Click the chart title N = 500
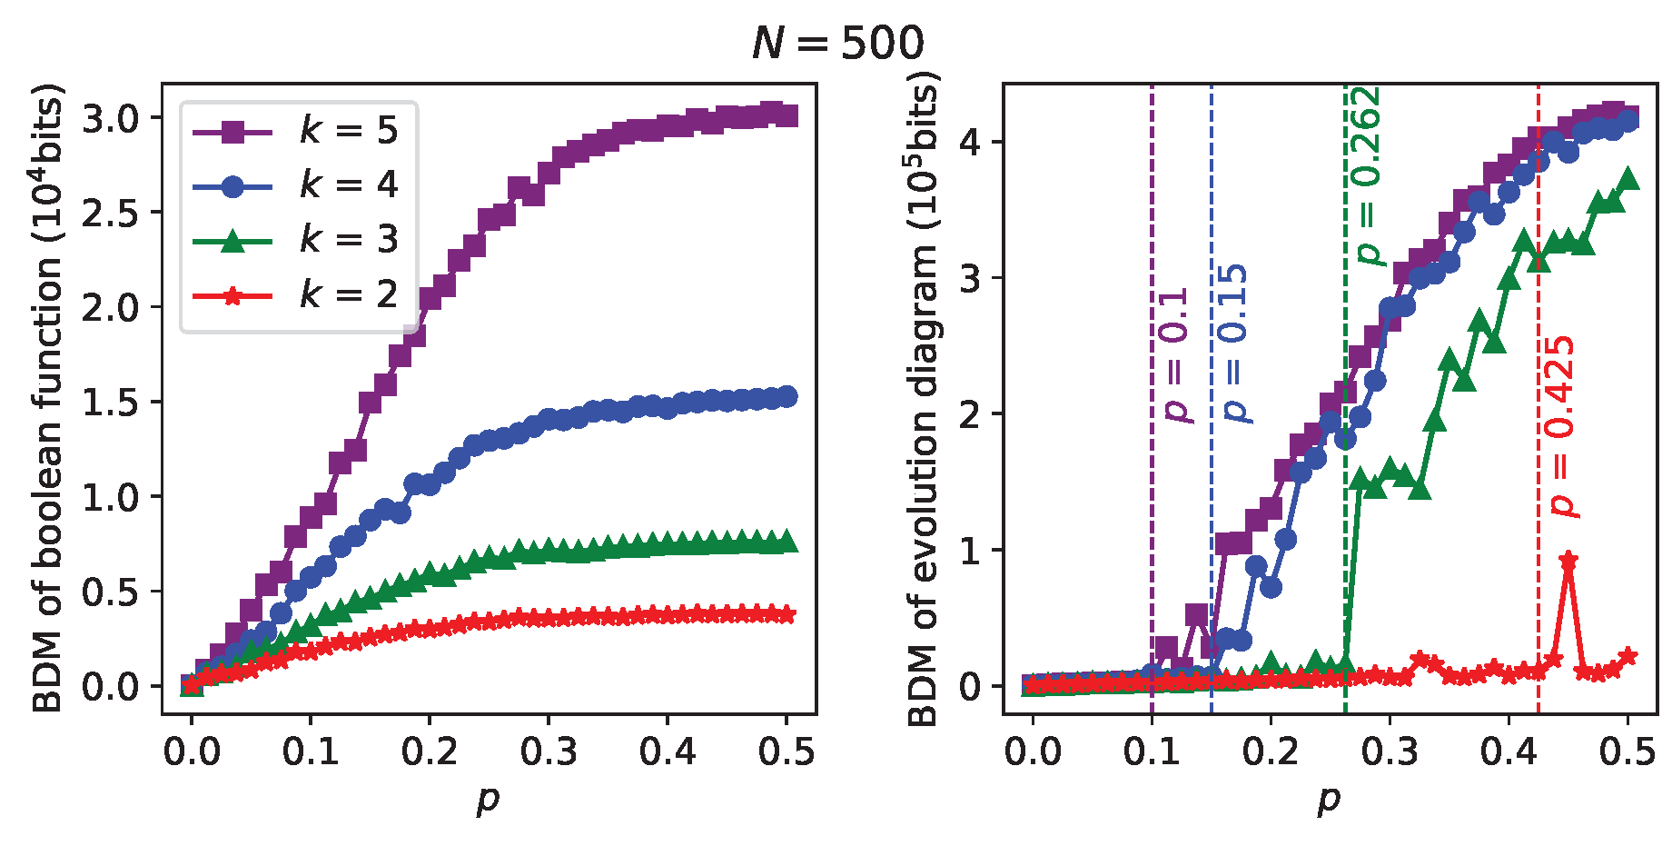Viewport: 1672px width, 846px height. click(x=837, y=43)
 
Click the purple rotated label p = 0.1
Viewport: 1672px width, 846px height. click(x=1176, y=355)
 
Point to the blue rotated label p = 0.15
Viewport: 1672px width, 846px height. click(x=1235, y=343)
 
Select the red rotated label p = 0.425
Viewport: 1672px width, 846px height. click(x=1562, y=427)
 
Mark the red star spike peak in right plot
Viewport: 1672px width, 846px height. click(x=1568, y=561)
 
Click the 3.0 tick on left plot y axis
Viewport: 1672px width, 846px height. click(x=109, y=118)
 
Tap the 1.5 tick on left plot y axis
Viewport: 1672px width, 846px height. click(x=109, y=402)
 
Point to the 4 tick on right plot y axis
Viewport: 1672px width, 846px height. click(x=971, y=143)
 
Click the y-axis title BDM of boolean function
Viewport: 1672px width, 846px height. click(x=48, y=398)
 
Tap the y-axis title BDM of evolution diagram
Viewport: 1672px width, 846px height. click(x=923, y=403)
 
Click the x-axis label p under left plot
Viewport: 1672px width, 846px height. click(x=489, y=800)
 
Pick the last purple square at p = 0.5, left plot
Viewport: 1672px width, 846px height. click(x=787, y=115)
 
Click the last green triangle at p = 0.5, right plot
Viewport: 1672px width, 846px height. click(x=1628, y=179)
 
